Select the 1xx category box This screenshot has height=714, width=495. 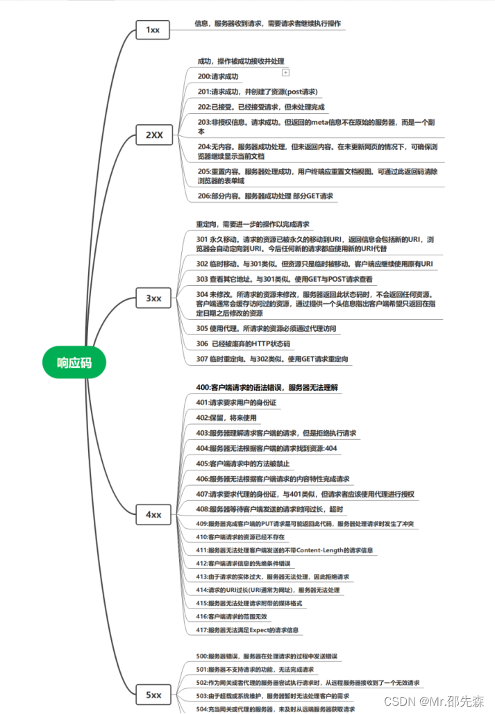(x=153, y=30)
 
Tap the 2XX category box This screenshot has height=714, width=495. (x=153, y=135)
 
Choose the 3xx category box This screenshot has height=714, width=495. (x=153, y=298)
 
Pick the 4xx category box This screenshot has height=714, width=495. (x=153, y=515)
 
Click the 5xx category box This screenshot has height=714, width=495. (x=153, y=694)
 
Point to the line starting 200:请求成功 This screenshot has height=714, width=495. (x=218, y=76)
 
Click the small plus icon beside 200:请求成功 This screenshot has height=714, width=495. (x=285, y=72)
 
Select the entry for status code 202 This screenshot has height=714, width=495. (x=261, y=107)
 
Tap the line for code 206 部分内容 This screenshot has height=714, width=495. (x=265, y=196)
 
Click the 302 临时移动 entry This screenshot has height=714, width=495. (x=314, y=264)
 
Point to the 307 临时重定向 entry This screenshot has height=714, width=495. (x=272, y=359)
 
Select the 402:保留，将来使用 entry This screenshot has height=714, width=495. (x=226, y=418)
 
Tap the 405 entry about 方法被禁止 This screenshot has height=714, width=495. (x=243, y=463)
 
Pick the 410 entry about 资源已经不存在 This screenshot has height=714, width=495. (x=240, y=536)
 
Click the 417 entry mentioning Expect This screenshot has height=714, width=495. (x=248, y=630)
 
